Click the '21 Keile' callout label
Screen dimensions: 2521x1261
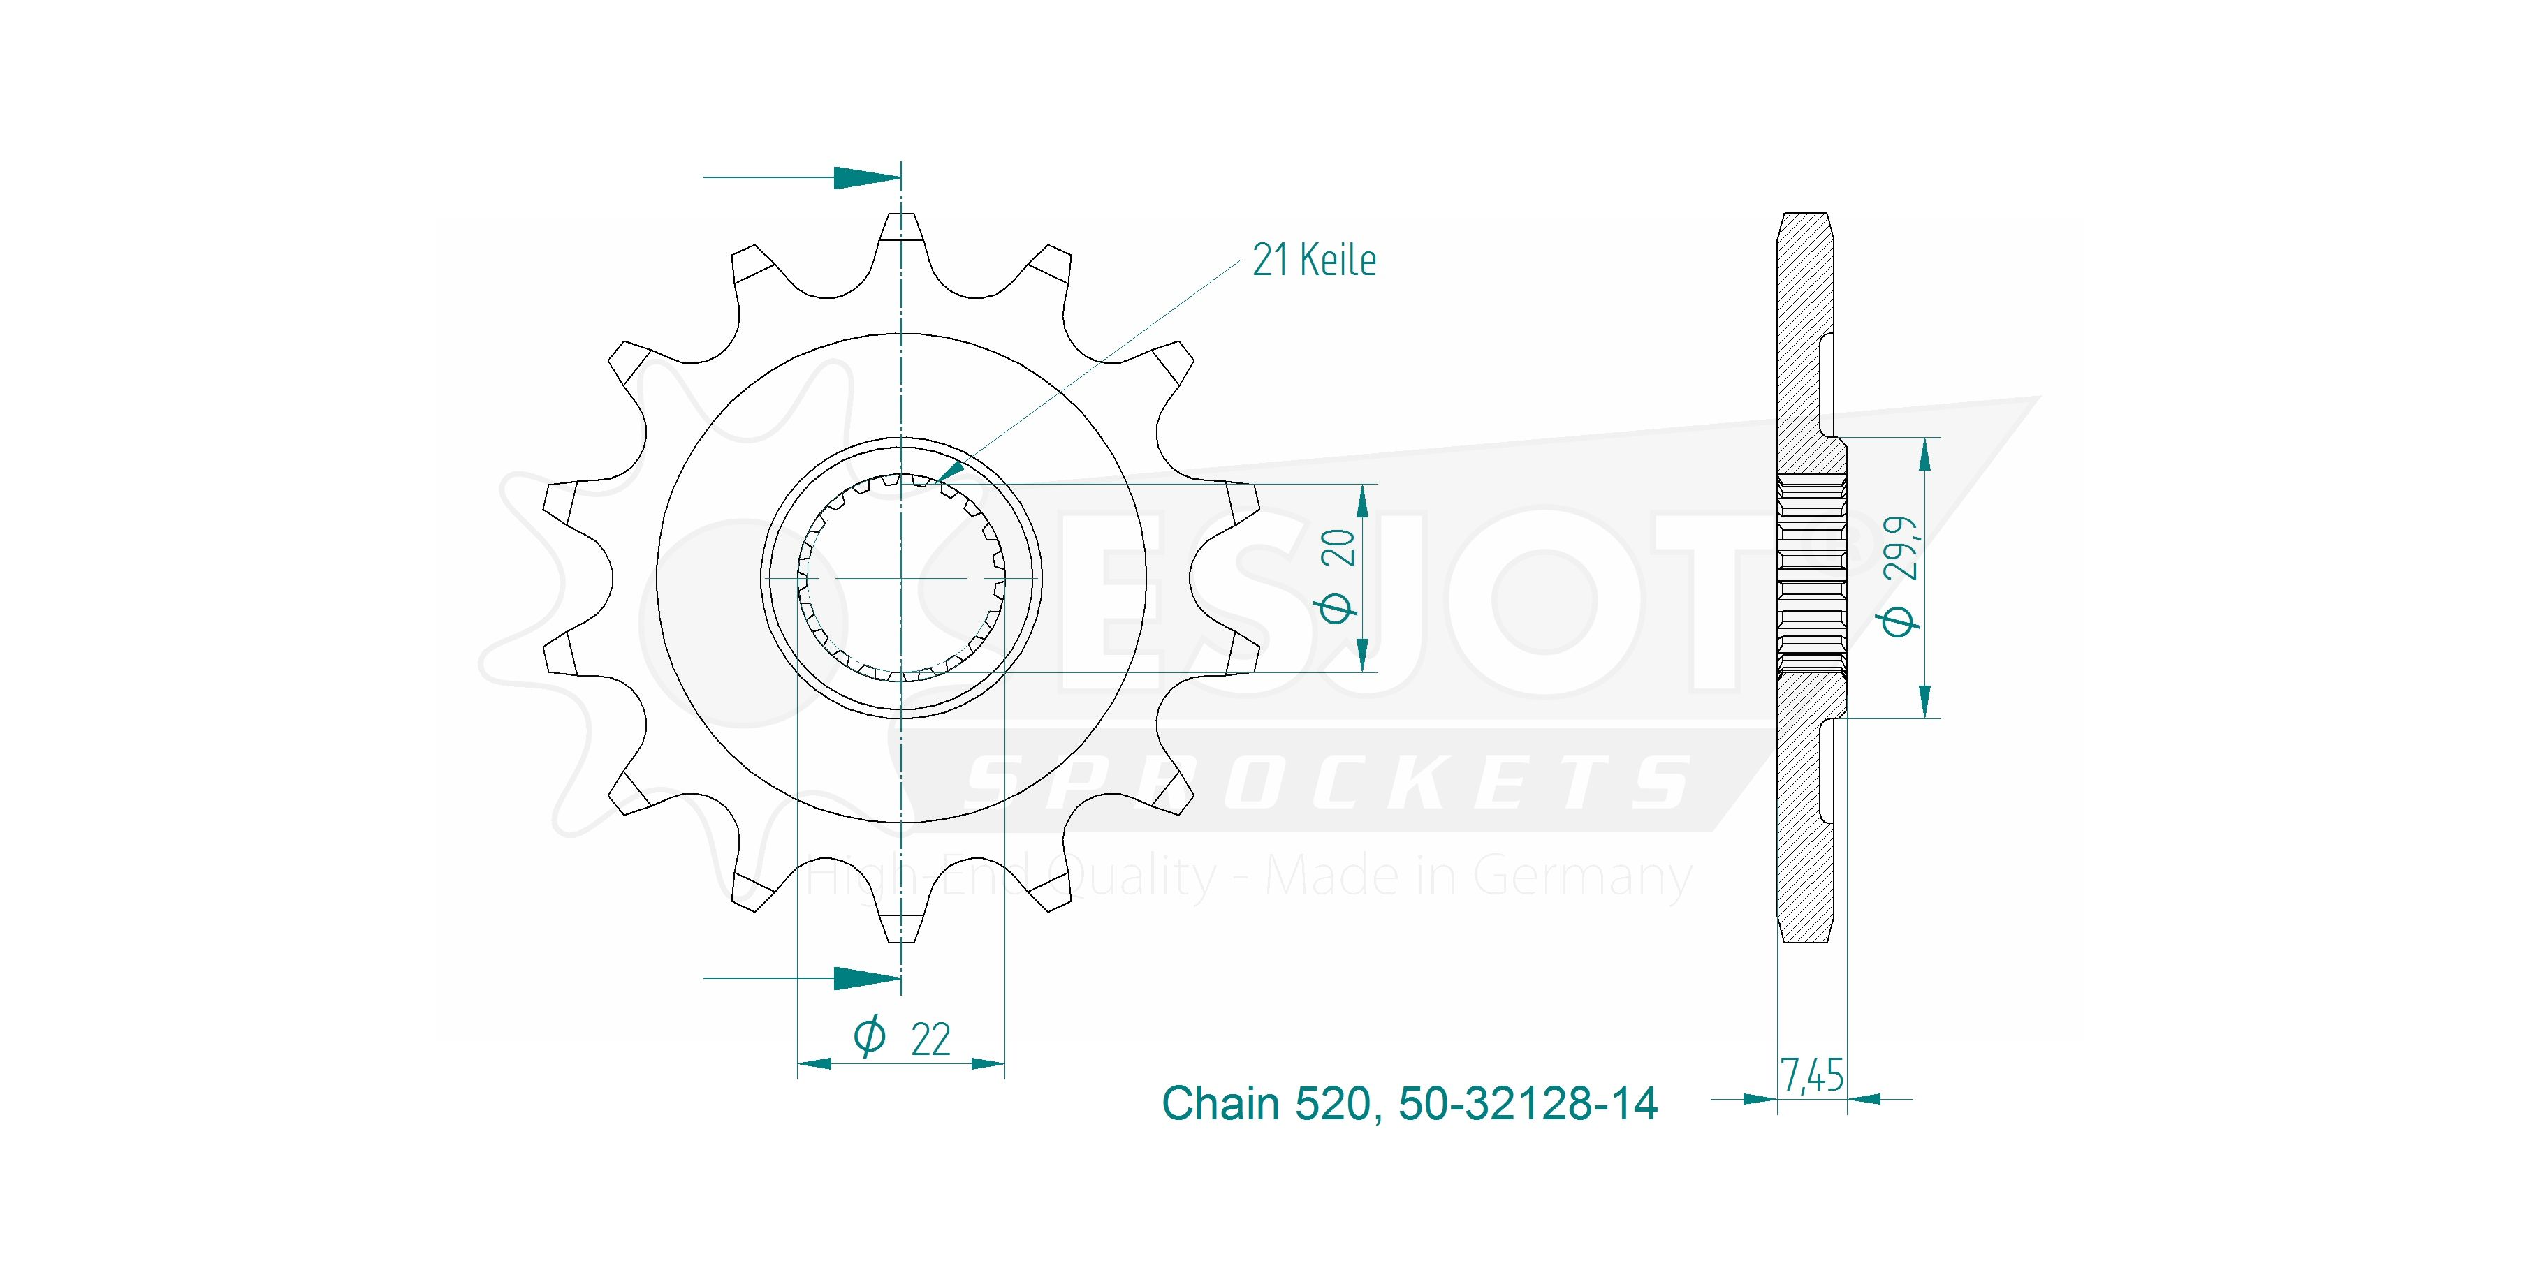tap(1313, 260)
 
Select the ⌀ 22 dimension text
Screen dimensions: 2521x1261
tap(901, 1037)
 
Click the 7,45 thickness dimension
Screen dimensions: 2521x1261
tap(1811, 1076)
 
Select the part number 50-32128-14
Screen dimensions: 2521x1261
tap(1528, 1103)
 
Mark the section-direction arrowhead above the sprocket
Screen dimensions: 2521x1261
tap(866, 178)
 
